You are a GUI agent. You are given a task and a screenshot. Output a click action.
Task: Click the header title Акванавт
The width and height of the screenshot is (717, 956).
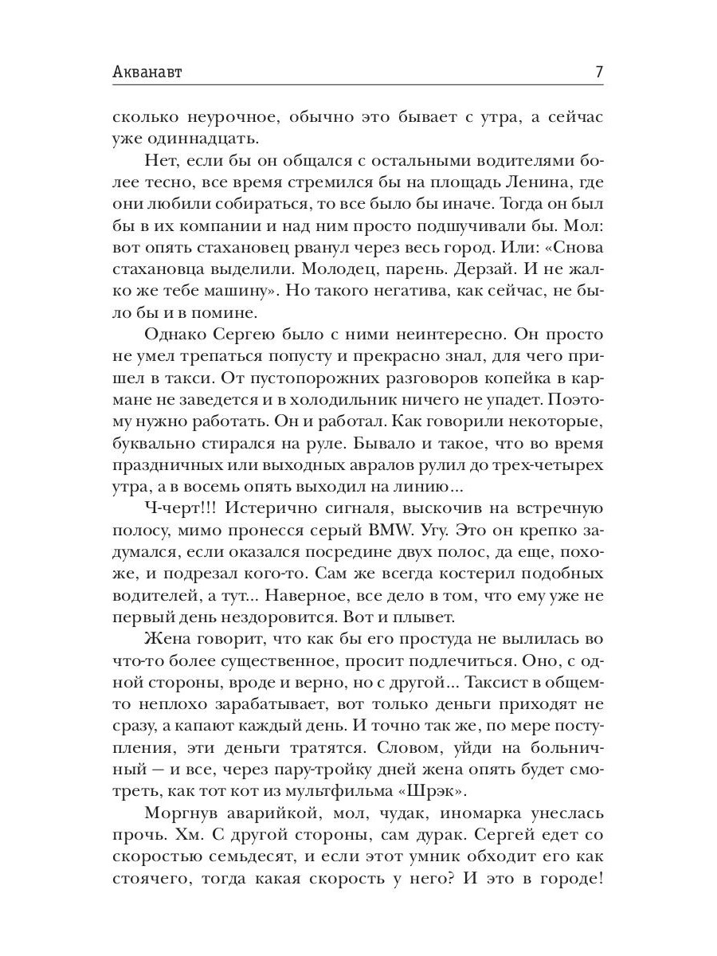pyautogui.click(x=147, y=72)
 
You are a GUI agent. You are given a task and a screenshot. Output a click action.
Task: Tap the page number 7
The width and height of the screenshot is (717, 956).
pyautogui.click(x=598, y=72)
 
